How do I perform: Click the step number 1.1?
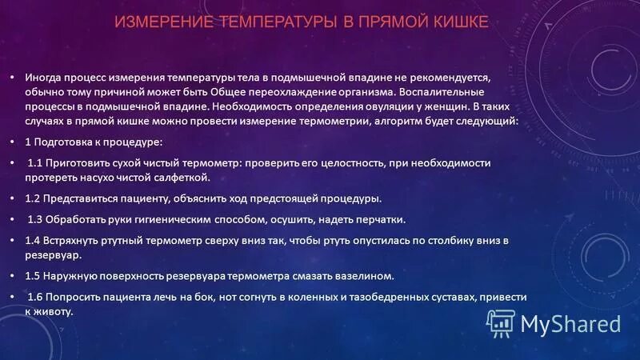(37, 162)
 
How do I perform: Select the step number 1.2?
(33, 198)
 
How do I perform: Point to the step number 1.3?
(37, 219)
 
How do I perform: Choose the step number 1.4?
(33, 240)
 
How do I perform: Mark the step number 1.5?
(33, 275)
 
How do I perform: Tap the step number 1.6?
(37, 297)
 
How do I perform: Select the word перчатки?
(378, 219)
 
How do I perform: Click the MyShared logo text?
(570, 323)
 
